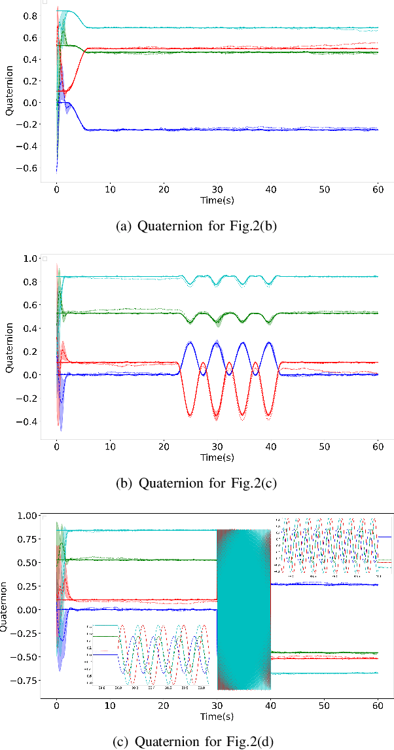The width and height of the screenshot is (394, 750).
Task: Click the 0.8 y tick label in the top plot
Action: point(29,15)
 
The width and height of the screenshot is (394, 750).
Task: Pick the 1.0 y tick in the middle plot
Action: point(29,259)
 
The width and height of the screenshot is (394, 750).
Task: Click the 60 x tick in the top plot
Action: point(378,189)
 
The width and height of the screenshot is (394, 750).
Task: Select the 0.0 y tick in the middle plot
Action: point(29,375)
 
